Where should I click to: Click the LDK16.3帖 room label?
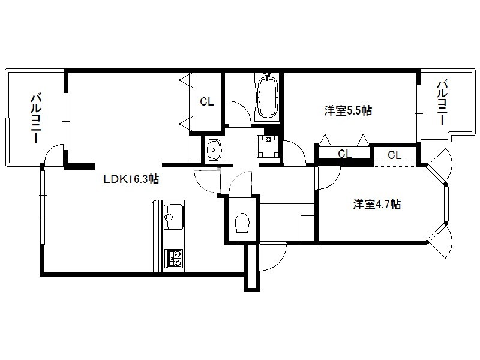131,179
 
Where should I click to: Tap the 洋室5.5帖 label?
348,110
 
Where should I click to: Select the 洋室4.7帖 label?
377,204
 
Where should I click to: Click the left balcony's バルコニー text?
36,118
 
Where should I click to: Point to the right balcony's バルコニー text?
442,102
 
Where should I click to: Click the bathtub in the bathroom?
268,97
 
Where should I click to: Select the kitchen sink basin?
173,217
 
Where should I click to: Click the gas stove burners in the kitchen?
173,258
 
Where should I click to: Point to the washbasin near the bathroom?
214,149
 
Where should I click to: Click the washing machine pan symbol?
268,146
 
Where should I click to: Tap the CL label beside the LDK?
206,101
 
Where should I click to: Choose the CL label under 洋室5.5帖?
344,154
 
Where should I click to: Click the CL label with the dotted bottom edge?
395,155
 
